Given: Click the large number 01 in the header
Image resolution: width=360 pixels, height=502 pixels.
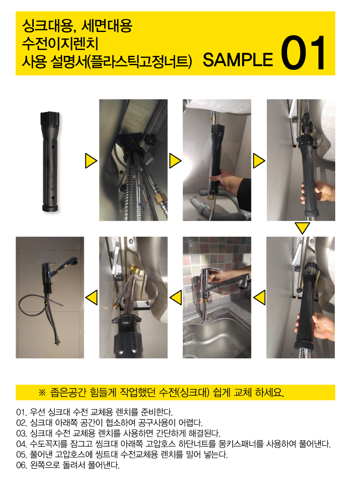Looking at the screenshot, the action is click(x=303, y=53).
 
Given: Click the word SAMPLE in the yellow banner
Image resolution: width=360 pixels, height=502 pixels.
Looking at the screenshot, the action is click(x=238, y=60).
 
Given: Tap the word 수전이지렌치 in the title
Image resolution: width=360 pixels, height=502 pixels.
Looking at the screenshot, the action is click(x=60, y=44).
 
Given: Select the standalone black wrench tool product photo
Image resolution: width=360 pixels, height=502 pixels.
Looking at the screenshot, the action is click(x=50, y=161).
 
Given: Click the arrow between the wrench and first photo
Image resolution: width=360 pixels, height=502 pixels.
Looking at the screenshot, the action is click(x=91, y=161).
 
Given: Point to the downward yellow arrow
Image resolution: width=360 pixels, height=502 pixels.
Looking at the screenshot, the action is click(x=302, y=228).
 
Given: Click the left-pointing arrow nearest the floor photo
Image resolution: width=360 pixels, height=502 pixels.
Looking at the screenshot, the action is click(x=91, y=297).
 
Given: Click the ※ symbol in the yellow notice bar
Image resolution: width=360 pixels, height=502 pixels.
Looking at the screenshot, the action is click(x=42, y=393).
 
